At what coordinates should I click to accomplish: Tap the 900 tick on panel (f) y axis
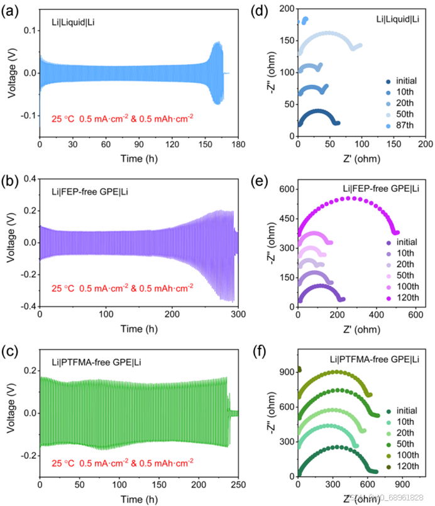point(285,372)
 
